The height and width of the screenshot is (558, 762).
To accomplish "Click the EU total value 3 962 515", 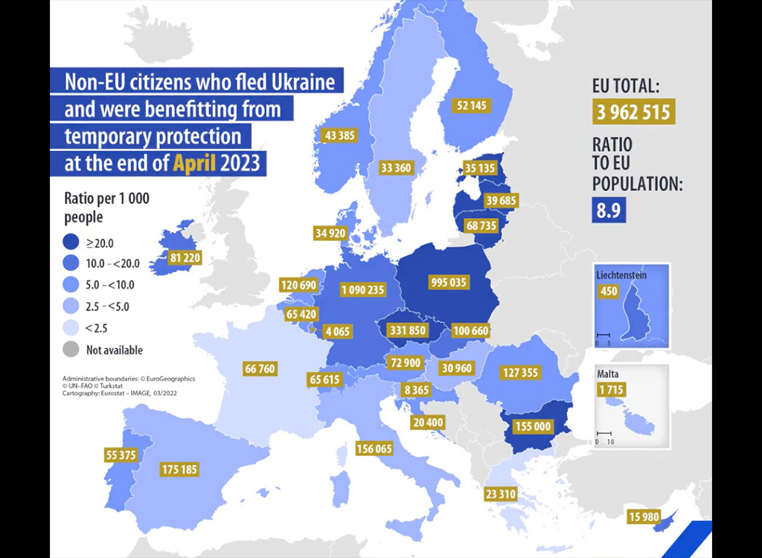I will pos(635,112).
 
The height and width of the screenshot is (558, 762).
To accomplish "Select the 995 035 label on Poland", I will pos(449,282).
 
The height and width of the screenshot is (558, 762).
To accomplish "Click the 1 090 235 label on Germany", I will pos(363,289).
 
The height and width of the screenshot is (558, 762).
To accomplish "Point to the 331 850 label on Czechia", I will pos(408,330).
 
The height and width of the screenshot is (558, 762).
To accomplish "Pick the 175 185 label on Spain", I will pos(179,469).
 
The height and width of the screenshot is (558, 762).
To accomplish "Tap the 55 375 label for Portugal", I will pos(121,455).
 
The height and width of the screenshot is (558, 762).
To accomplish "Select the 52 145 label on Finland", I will pos(472,106).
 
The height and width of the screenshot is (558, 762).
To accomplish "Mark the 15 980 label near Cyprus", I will pos(644,517).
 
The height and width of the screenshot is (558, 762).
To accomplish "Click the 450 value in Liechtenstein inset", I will pos(609,291).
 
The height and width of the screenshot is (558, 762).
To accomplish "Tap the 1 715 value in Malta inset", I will pos(610,390).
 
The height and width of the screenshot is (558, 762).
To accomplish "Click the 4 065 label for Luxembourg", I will pos(338,331).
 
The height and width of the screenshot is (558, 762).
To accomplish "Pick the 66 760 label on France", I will pos(260,368).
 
